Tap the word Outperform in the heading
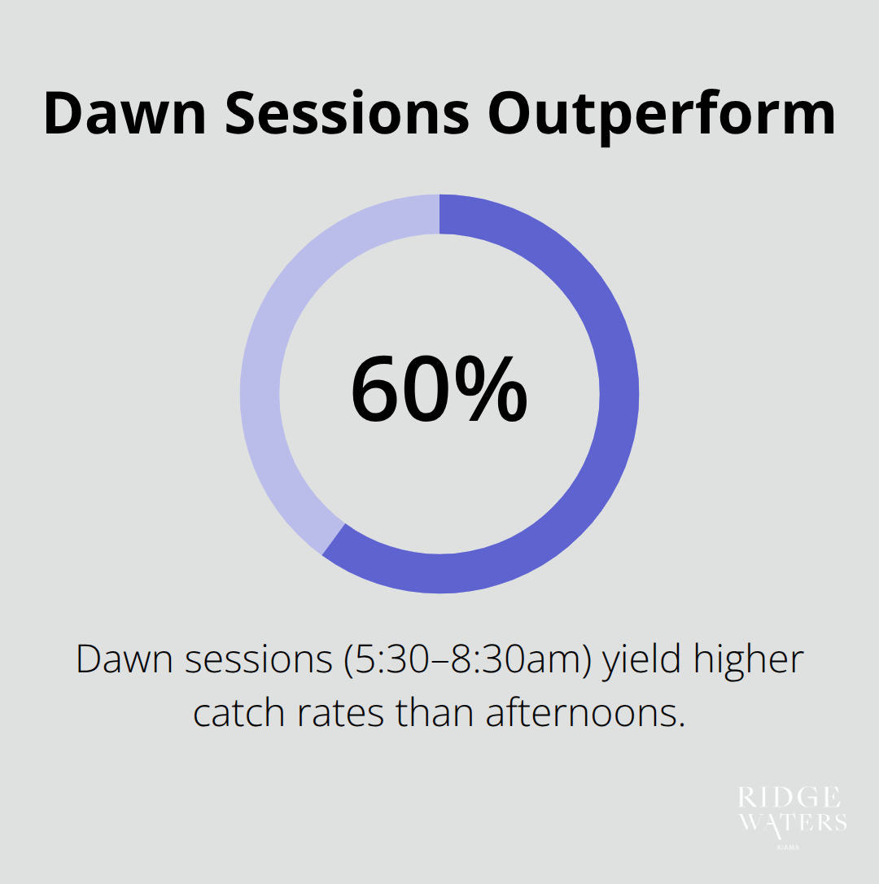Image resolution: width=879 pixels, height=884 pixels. point(661,114)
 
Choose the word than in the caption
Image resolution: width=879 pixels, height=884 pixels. point(435,713)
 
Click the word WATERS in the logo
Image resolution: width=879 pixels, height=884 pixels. point(792,822)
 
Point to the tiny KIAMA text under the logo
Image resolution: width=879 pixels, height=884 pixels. point(792,847)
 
